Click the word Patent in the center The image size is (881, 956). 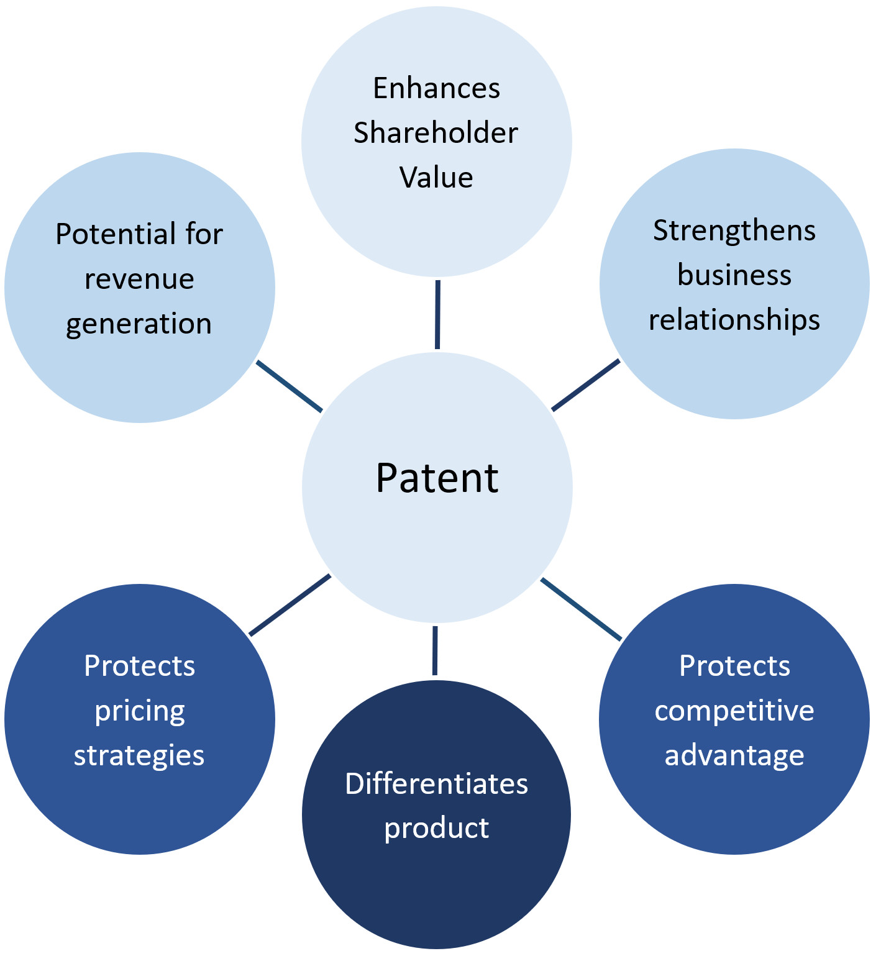pyautogui.click(x=437, y=478)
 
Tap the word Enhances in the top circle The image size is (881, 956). pyautogui.click(x=436, y=88)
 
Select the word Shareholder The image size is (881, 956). pyautogui.click(x=436, y=133)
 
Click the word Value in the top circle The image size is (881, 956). pyautogui.click(x=436, y=178)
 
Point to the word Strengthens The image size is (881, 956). pyautogui.click(x=734, y=231)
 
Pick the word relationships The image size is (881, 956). pyautogui.click(x=734, y=321)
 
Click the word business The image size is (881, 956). pyautogui.click(x=734, y=275)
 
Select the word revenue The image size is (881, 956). pyautogui.click(x=139, y=279)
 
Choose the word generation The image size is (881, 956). pyautogui.click(x=139, y=324)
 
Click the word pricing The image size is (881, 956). pyautogui.click(x=140, y=711)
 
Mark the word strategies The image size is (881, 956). pyautogui.click(x=139, y=756)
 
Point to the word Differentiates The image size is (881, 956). pyautogui.click(x=436, y=784)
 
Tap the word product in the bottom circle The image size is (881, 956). pyautogui.click(x=436, y=829)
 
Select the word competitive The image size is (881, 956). pyautogui.click(x=734, y=711)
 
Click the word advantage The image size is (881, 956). pyautogui.click(x=734, y=756)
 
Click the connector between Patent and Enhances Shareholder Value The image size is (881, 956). pyautogui.click(x=437, y=314)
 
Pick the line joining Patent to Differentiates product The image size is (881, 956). pyautogui.click(x=435, y=650)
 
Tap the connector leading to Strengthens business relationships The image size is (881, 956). pyautogui.click(x=585, y=385)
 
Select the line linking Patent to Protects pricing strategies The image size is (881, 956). pyautogui.click(x=290, y=605)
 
